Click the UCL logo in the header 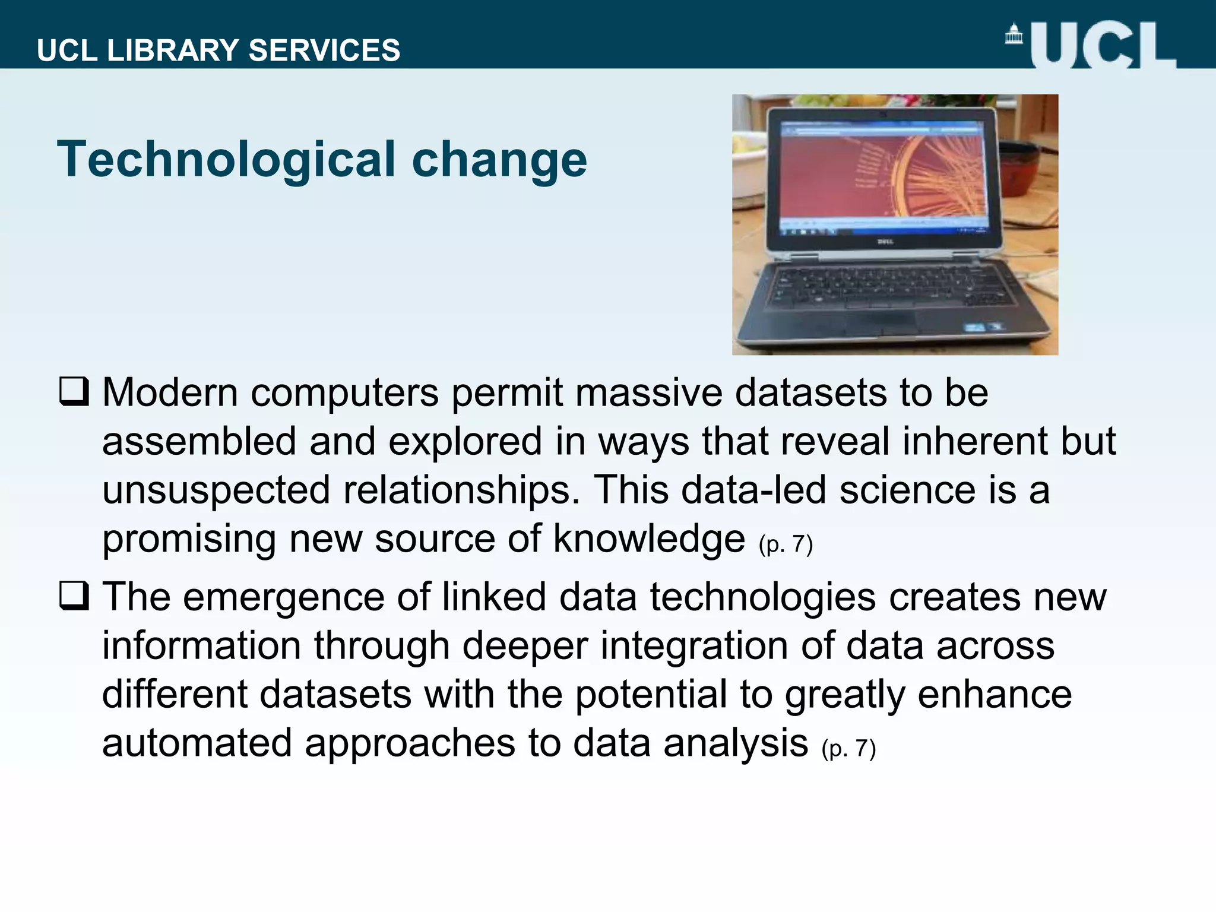pyautogui.click(x=1102, y=45)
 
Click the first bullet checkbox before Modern pyautogui.click(x=74, y=391)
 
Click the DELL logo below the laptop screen pyautogui.click(x=885, y=242)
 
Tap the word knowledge pyautogui.click(x=649, y=539)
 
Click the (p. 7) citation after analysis pyautogui.click(x=848, y=749)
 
